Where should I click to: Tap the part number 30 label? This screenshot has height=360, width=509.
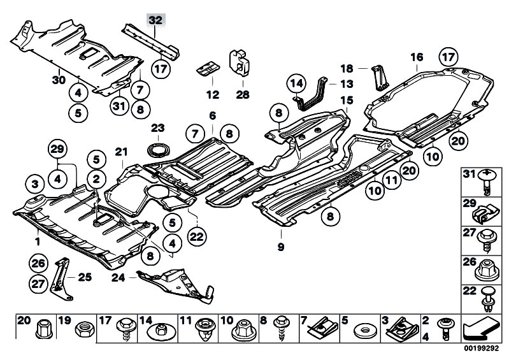click(59, 79)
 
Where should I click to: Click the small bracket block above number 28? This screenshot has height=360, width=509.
click(240, 62)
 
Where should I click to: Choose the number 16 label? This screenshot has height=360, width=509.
click(417, 57)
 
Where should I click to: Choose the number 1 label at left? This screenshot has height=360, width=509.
click(37, 241)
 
